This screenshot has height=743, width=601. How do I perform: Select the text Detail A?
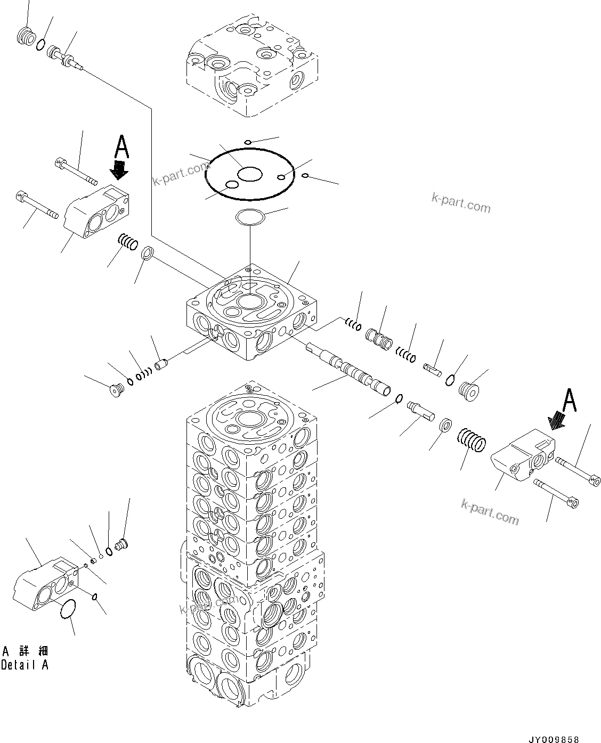(25, 665)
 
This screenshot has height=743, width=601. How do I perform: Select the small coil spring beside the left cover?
(128, 242)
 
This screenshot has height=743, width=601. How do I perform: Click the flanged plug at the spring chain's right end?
(468, 391)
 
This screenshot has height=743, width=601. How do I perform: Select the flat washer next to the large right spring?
(445, 426)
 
